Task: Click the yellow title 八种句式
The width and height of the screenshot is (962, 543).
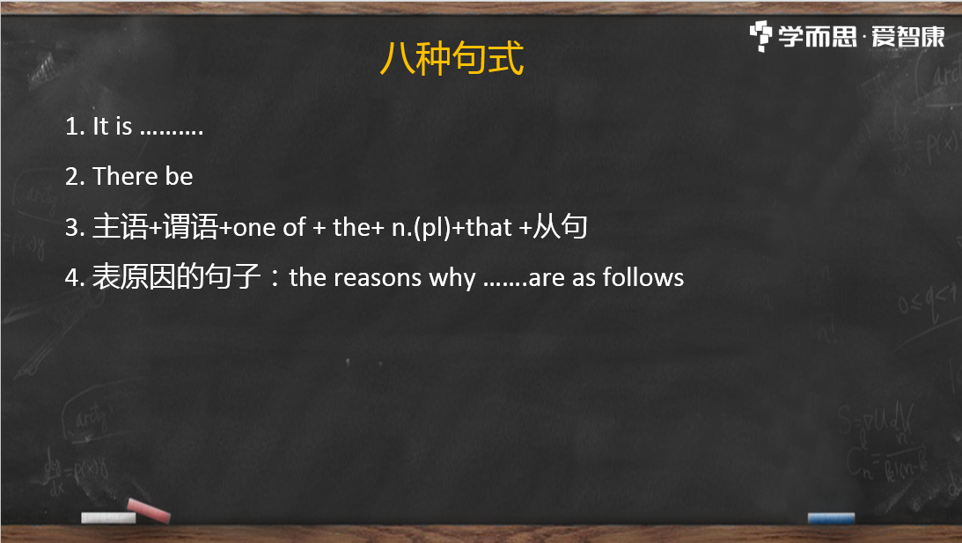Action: point(452,58)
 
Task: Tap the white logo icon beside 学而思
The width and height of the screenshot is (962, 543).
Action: point(760,36)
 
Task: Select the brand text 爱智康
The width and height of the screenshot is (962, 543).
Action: point(908,37)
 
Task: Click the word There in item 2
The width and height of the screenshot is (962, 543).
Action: point(126,177)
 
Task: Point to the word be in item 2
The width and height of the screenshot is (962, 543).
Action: point(180,177)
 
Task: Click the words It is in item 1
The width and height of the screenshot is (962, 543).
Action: point(113,127)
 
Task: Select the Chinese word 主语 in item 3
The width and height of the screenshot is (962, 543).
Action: point(121,227)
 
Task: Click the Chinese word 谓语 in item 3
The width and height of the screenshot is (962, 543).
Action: point(191,227)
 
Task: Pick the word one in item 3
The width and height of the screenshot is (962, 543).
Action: point(254,228)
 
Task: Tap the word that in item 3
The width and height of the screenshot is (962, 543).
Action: point(489,228)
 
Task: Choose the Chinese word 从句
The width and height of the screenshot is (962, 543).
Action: point(560,226)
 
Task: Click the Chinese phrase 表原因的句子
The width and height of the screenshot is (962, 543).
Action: point(177,276)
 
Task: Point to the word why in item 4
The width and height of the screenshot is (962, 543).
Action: point(452,279)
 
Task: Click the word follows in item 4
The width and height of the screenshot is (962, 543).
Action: point(643,277)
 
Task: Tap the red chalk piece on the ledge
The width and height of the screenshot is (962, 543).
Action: point(149,510)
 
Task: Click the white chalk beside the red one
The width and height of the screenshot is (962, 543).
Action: point(108,517)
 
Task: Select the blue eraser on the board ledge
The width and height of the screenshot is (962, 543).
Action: point(831,518)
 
